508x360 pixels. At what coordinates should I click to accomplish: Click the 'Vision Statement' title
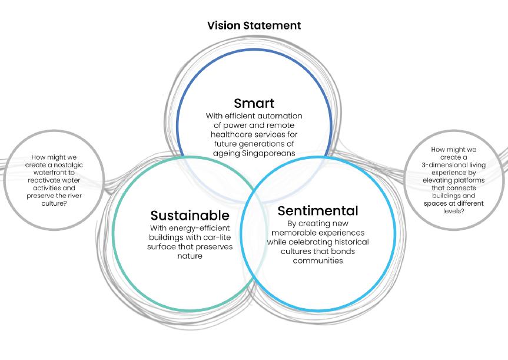tap(254, 25)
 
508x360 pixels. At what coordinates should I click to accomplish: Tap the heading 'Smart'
tap(254, 104)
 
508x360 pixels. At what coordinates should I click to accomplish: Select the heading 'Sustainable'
tap(190, 215)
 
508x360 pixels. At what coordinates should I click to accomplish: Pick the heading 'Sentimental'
tap(317, 210)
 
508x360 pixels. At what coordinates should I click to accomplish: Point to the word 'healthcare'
tap(234, 135)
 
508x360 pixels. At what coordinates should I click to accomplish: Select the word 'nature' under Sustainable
tap(189, 256)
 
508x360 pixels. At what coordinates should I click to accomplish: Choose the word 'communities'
tap(317, 260)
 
